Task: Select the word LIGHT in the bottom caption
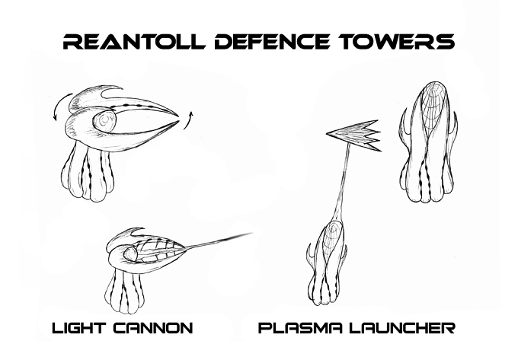78,328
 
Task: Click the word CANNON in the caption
153,328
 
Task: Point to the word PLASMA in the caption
299,328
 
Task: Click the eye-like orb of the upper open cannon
104,121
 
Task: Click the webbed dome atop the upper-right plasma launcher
430,104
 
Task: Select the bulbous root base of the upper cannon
88,174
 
